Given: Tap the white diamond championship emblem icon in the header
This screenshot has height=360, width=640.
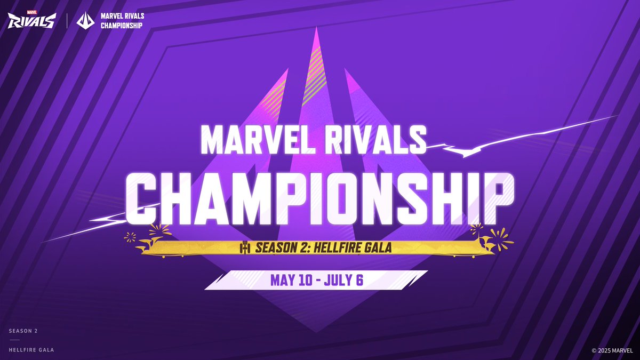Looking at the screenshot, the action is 85,21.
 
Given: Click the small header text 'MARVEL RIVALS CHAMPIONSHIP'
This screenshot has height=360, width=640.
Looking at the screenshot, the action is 122,21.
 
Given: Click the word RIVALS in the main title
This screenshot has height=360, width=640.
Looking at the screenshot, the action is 375,141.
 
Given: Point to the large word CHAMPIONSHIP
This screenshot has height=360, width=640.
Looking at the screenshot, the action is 319,199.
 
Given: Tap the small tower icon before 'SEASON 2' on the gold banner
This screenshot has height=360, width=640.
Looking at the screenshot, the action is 245,247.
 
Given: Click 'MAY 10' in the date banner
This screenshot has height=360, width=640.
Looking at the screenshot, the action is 291,280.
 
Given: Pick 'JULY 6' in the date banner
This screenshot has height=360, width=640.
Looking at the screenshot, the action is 343,280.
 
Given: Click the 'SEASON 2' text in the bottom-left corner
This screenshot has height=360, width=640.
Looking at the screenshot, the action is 23,331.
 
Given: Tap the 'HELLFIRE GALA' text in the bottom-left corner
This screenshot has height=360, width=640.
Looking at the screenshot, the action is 31,350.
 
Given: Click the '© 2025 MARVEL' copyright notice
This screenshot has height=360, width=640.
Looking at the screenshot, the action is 612,350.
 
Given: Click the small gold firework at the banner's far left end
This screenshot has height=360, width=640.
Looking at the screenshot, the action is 130,237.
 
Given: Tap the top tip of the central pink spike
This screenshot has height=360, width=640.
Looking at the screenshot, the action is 316,27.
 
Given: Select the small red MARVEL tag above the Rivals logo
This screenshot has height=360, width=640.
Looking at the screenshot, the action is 31,12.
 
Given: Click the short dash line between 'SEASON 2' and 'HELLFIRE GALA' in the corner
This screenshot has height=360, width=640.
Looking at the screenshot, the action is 15,340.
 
